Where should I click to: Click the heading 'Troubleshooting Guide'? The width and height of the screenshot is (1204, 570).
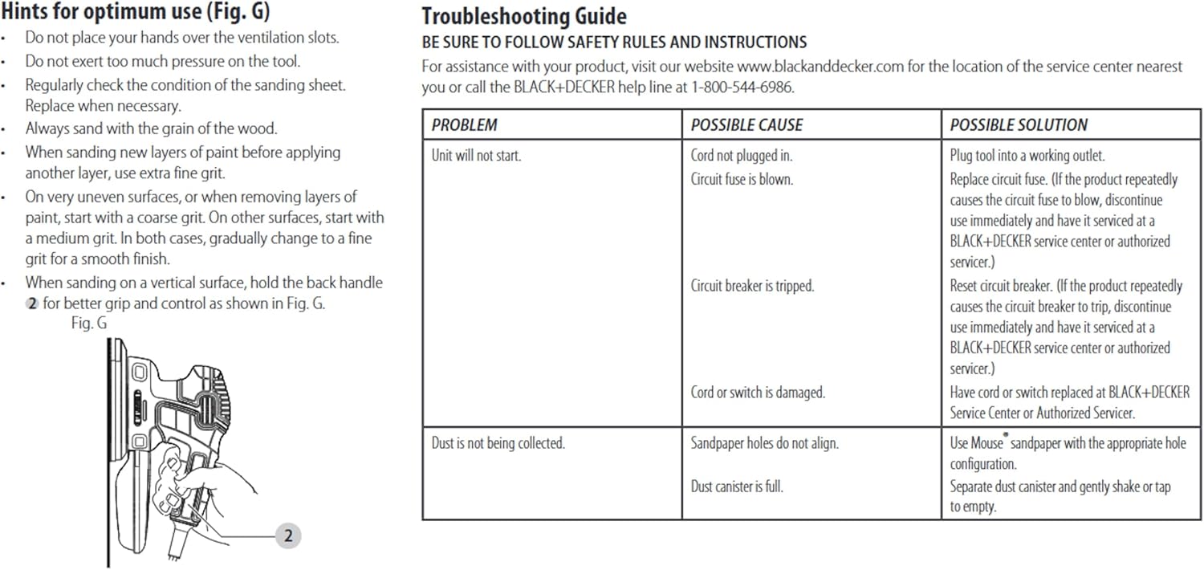pyautogui.click(x=524, y=16)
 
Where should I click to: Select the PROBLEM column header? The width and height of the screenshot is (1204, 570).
pyautogui.click(x=464, y=125)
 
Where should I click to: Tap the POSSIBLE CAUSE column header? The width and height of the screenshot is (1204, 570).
pyautogui.click(x=746, y=125)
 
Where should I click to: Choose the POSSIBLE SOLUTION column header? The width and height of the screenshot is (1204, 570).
pyautogui.click(x=1019, y=125)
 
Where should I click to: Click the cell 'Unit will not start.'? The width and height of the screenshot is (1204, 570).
pyautogui.click(x=476, y=156)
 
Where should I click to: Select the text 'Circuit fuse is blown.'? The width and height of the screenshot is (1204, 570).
pyautogui.click(x=742, y=179)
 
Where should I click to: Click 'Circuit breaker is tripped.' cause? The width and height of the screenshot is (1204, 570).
pyautogui.click(x=752, y=286)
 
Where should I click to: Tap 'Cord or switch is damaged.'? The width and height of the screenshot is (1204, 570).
pyautogui.click(x=758, y=393)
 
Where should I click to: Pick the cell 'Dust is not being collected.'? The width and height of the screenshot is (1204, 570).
pyautogui.click(x=498, y=443)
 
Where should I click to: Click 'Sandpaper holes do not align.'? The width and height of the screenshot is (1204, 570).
pyautogui.click(x=764, y=443)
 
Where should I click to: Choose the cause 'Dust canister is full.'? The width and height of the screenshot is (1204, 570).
pyautogui.click(x=737, y=486)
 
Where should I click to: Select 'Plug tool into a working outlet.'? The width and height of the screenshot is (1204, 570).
pyautogui.click(x=1027, y=156)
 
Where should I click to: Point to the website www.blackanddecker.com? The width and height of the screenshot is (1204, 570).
pyautogui.click(x=820, y=67)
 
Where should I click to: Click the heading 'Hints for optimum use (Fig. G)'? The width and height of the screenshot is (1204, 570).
pyautogui.click(x=136, y=12)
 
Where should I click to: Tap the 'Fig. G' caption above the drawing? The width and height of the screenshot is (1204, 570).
pyautogui.click(x=88, y=324)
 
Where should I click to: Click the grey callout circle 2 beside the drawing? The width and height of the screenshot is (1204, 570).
pyautogui.click(x=287, y=536)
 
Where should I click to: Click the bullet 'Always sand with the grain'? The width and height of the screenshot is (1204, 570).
pyautogui.click(x=151, y=128)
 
